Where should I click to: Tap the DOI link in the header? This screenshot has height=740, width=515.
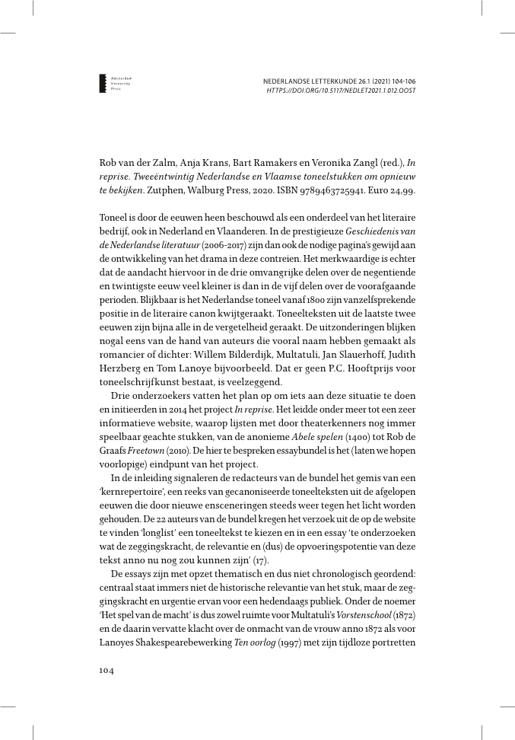coord(341,90)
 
